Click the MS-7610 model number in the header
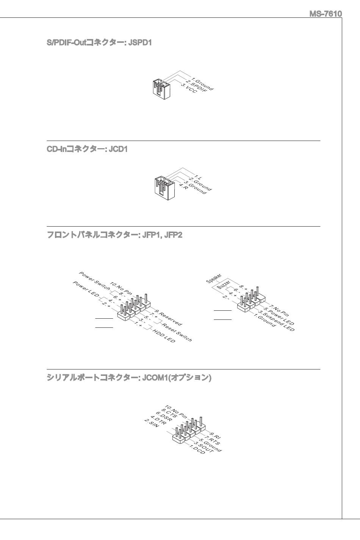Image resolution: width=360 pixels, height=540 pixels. [x=326, y=14]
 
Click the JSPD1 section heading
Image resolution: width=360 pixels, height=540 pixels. [x=99, y=43]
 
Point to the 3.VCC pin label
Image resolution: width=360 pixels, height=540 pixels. [x=189, y=89]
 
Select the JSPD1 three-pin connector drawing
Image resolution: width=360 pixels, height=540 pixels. [x=161, y=89]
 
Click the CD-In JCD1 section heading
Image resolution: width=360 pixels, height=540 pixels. [x=87, y=149]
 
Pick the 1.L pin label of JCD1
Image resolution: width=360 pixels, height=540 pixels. [x=198, y=177]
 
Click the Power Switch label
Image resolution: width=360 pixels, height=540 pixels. [x=94, y=281]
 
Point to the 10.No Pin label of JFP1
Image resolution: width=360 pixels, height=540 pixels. [x=121, y=288]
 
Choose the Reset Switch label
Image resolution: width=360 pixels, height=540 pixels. [x=177, y=333]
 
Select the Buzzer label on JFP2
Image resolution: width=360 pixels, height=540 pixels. [x=224, y=285]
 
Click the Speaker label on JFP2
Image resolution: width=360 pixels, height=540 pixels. [x=214, y=279]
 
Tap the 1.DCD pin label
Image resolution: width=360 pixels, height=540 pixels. [x=197, y=449]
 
